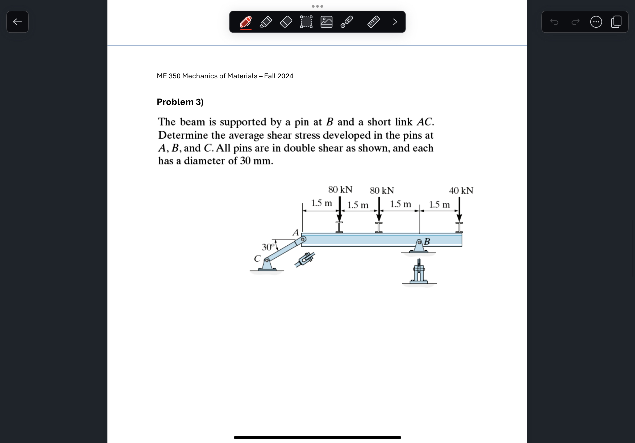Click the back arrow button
[x=18, y=22]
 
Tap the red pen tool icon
[x=246, y=22]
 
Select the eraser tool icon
[x=286, y=22]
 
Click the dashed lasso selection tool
[x=306, y=22]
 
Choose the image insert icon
[x=326, y=22]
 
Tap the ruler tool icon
[x=373, y=22]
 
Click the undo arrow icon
[x=554, y=22]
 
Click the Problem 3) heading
[x=180, y=102]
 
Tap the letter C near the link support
[x=257, y=259]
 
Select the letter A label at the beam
[x=296, y=233]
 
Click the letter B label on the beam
[x=427, y=241]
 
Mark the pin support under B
[x=419, y=247]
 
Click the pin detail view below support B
[x=419, y=272]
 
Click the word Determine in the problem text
[x=183, y=135]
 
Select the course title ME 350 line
[x=225, y=76]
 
